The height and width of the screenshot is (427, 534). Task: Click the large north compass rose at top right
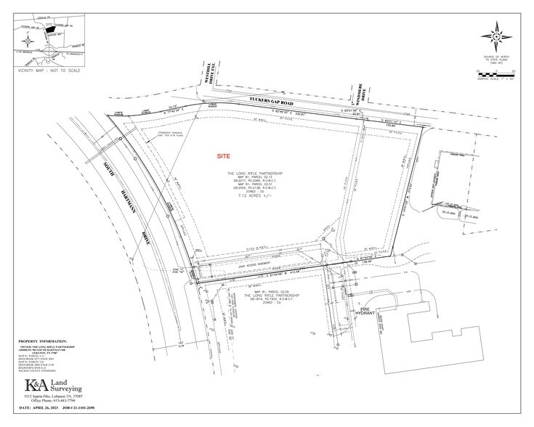pyautogui.click(x=498, y=34)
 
